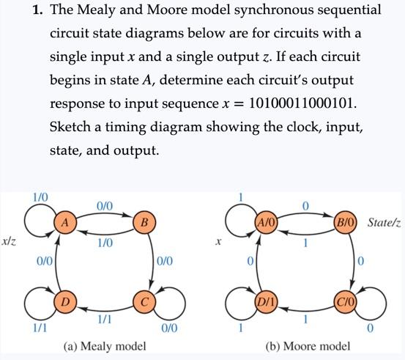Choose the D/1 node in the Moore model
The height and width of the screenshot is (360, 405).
[264, 302]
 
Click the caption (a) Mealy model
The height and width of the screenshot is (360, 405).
[104, 345]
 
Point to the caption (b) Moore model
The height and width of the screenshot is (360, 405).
[306, 345]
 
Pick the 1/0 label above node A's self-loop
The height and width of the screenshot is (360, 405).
[40, 197]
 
